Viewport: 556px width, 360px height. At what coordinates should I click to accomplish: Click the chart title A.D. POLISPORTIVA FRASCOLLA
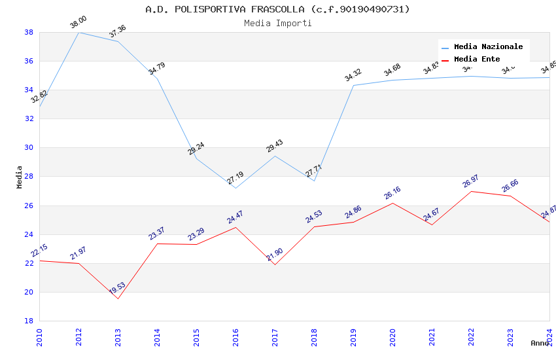click(277, 9)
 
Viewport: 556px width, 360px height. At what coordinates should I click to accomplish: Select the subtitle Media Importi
click(277, 23)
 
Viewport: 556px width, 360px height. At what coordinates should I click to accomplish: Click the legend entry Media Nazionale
click(488, 46)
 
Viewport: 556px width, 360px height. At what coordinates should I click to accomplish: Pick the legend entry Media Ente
click(477, 59)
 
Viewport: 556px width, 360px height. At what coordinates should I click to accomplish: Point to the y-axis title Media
click(20, 177)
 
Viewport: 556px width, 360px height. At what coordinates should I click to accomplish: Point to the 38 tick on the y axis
click(29, 32)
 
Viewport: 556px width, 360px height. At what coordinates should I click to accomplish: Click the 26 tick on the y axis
click(29, 206)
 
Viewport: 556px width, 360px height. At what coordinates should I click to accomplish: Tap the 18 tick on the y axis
click(29, 321)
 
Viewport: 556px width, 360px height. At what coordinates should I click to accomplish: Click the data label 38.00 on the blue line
click(78, 23)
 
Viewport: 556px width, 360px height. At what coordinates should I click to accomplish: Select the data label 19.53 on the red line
click(118, 288)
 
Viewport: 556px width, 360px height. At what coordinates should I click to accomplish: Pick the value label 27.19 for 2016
click(235, 178)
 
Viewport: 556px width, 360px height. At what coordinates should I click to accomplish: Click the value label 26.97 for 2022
click(471, 181)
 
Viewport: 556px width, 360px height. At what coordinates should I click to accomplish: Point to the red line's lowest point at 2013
click(118, 298)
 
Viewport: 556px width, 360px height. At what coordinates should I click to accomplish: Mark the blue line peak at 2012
click(78, 32)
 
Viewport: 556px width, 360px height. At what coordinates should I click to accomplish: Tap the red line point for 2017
click(275, 264)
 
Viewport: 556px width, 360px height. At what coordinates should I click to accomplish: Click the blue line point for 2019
click(353, 85)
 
